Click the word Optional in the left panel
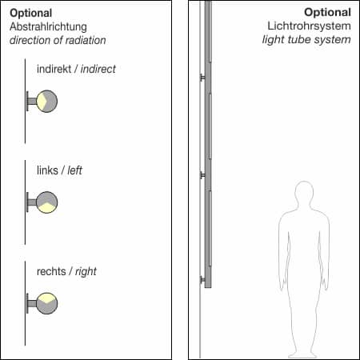coord(31,14)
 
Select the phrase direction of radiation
coord(58,39)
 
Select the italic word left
coord(75,170)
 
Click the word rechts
coord(51,272)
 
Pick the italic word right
coord(86,272)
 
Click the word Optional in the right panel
coord(327,14)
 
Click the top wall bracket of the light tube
coord(203,78)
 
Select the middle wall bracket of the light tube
coord(203,174)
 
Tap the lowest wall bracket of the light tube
coord(203,279)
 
